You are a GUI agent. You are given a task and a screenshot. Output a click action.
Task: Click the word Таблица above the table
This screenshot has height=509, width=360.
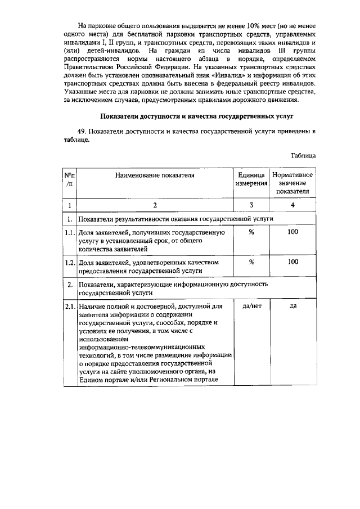click(x=303, y=155)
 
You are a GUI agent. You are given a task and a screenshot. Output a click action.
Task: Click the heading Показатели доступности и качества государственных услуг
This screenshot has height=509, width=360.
click(x=191, y=116)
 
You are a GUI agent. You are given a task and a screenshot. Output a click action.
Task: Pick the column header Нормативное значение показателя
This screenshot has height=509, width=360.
click(x=292, y=183)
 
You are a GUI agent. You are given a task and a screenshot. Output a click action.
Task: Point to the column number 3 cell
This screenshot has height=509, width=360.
click(x=251, y=205)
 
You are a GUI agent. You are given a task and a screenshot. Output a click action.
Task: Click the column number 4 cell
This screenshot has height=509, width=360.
click(x=292, y=205)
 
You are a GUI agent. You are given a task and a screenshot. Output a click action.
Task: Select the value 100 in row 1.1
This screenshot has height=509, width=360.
click(x=292, y=232)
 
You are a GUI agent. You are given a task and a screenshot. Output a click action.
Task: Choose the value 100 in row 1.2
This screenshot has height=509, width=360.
click(x=292, y=262)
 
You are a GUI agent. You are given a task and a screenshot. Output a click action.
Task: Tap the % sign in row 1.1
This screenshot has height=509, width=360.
click(x=251, y=232)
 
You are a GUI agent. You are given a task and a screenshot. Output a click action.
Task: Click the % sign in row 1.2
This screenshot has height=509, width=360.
click(x=251, y=262)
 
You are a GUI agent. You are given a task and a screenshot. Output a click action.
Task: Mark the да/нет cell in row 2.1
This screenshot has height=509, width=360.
click(x=251, y=306)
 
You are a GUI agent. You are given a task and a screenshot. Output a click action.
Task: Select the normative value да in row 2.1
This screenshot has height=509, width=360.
click(x=292, y=306)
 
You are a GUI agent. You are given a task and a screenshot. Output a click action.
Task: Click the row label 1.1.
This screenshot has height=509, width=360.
click(x=69, y=232)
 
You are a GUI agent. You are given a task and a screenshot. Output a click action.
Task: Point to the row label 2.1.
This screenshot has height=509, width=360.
click(x=69, y=307)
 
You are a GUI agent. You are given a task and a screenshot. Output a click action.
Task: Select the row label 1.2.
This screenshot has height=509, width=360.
click(x=69, y=263)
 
